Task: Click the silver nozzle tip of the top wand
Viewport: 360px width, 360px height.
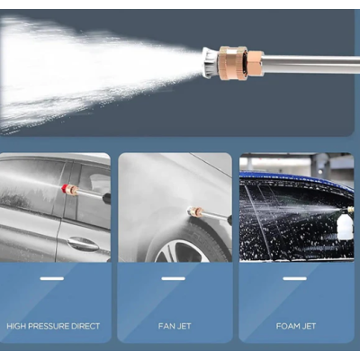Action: coord(211,63)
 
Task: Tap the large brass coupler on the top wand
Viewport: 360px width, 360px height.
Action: coord(233,63)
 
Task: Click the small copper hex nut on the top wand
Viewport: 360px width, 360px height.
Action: coord(256,63)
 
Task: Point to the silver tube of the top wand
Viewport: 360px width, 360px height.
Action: coord(312,63)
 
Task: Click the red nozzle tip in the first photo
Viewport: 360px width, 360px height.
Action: coord(64,189)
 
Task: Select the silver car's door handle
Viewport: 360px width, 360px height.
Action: coord(83,244)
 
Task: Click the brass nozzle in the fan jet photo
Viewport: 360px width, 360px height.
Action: coord(195,211)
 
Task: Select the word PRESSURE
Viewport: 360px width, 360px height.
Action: coord(49,326)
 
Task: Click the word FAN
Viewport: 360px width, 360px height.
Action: coord(166,326)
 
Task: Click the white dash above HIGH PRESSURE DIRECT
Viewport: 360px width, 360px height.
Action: coord(52,279)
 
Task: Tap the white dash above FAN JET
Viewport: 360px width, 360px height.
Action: coord(173,279)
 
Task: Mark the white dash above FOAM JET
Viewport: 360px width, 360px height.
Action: coord(294,279)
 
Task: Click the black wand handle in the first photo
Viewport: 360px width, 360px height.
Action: coord(107,199)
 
